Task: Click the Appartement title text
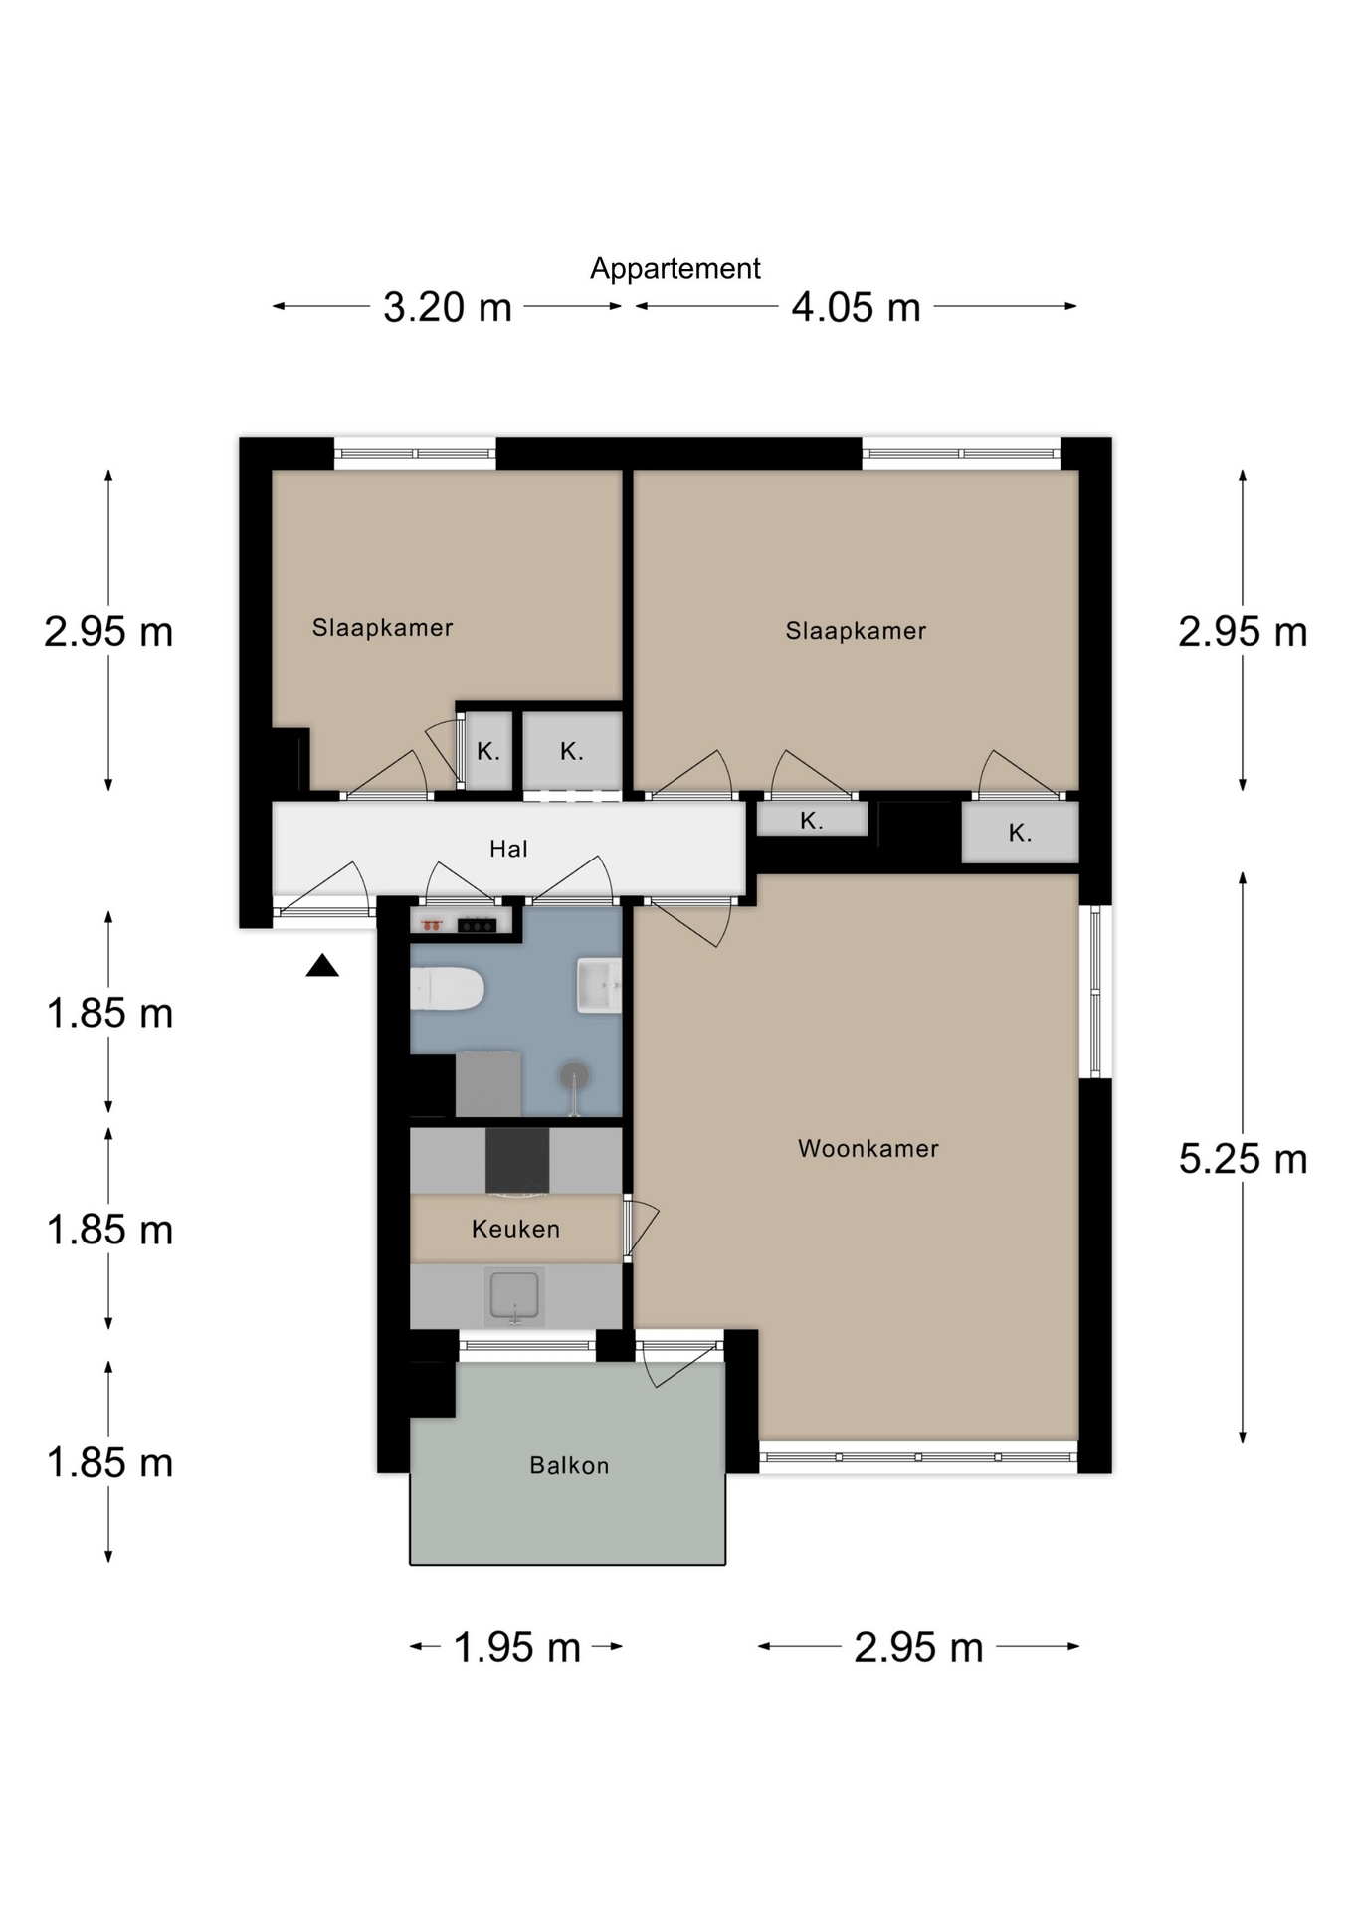675,269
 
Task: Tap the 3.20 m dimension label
448,307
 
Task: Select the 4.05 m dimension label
856,307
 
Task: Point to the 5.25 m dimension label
1243,1159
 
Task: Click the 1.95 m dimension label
517,1647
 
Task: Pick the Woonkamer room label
868,1149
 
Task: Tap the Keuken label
515,1230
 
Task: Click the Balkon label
569,1465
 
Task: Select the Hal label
508,849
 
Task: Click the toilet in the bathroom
448,989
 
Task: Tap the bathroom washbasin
599,985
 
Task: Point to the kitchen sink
514,1296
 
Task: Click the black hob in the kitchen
517,1160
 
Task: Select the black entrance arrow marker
322,965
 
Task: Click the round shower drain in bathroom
574,1075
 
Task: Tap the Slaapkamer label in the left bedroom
383,628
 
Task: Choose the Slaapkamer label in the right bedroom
856,631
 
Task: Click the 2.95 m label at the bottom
918,1647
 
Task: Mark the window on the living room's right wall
1095,992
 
